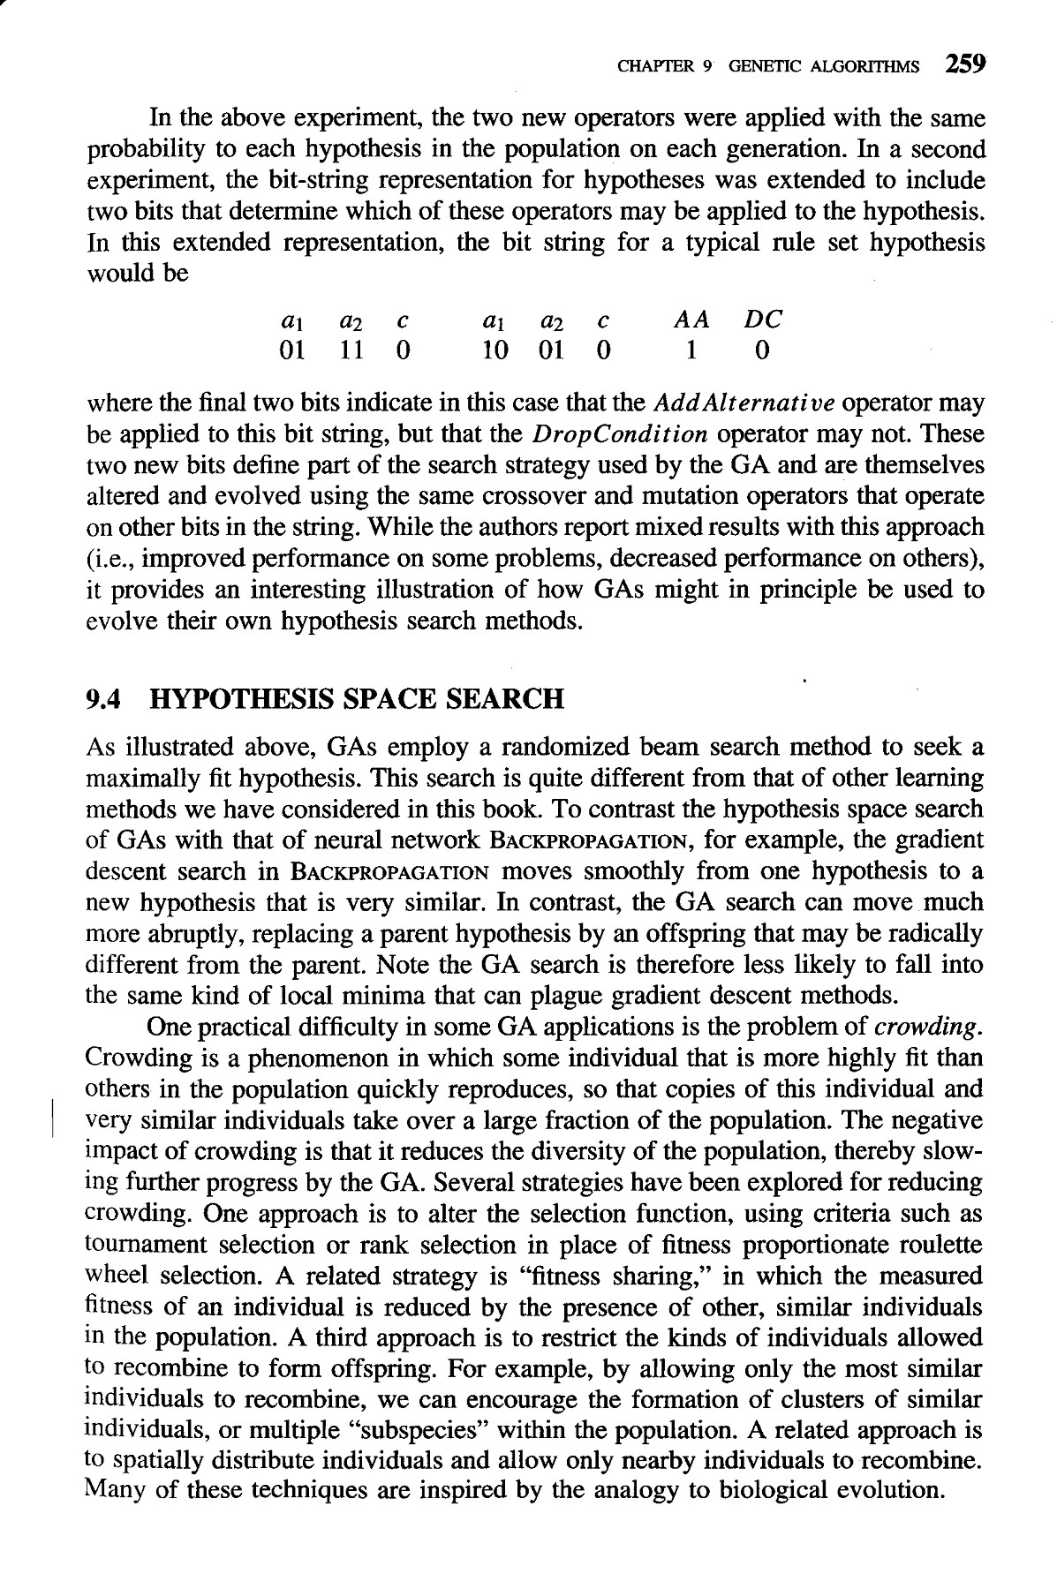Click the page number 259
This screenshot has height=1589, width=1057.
[964, 64]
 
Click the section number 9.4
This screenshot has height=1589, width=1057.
[103, 699]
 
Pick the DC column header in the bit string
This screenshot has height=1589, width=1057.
[762, 320]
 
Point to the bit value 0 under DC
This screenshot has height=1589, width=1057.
[762, 351]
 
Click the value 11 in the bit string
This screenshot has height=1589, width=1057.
[351, 351]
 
